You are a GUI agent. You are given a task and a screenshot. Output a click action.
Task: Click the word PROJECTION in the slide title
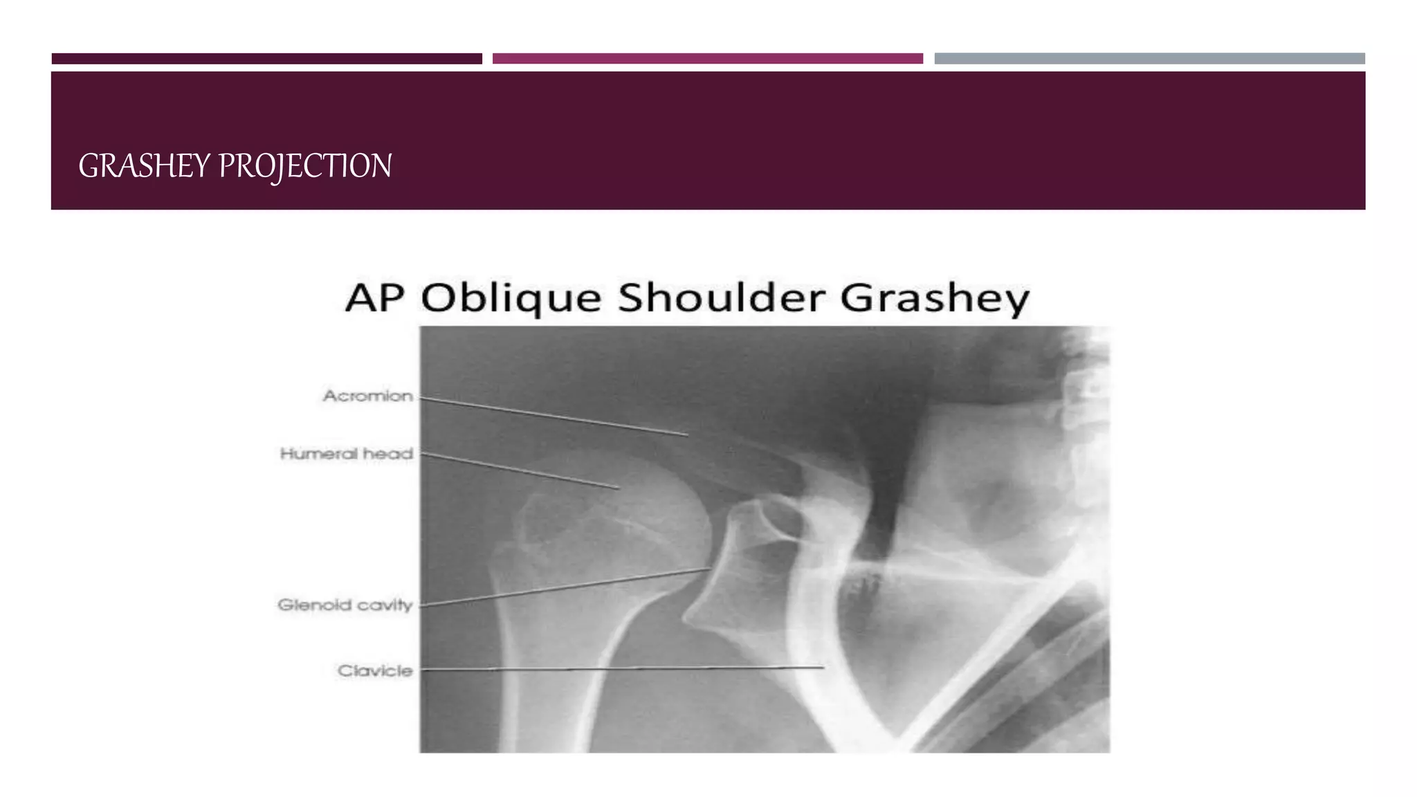305,167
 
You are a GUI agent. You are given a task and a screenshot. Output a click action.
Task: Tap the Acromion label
368,396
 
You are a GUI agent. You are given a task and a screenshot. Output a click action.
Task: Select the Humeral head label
347,454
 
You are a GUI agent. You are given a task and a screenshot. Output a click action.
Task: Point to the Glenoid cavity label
345,605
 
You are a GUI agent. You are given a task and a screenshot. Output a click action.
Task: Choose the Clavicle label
375,670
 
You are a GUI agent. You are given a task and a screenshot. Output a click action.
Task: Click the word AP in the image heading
374,298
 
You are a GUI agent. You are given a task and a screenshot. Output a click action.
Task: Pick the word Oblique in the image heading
511,298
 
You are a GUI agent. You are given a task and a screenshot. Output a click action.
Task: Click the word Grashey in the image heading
935,298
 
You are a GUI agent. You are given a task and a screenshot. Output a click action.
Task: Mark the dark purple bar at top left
267,59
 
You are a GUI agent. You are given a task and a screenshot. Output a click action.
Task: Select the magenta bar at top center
707,59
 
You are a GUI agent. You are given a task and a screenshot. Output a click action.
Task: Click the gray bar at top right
1149,59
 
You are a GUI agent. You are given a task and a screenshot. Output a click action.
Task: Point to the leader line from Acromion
554,416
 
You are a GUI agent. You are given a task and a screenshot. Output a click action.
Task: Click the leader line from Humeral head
519,471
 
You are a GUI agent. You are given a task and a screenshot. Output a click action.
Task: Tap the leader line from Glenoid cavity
564,587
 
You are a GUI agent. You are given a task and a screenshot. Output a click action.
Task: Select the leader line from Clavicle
623,669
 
